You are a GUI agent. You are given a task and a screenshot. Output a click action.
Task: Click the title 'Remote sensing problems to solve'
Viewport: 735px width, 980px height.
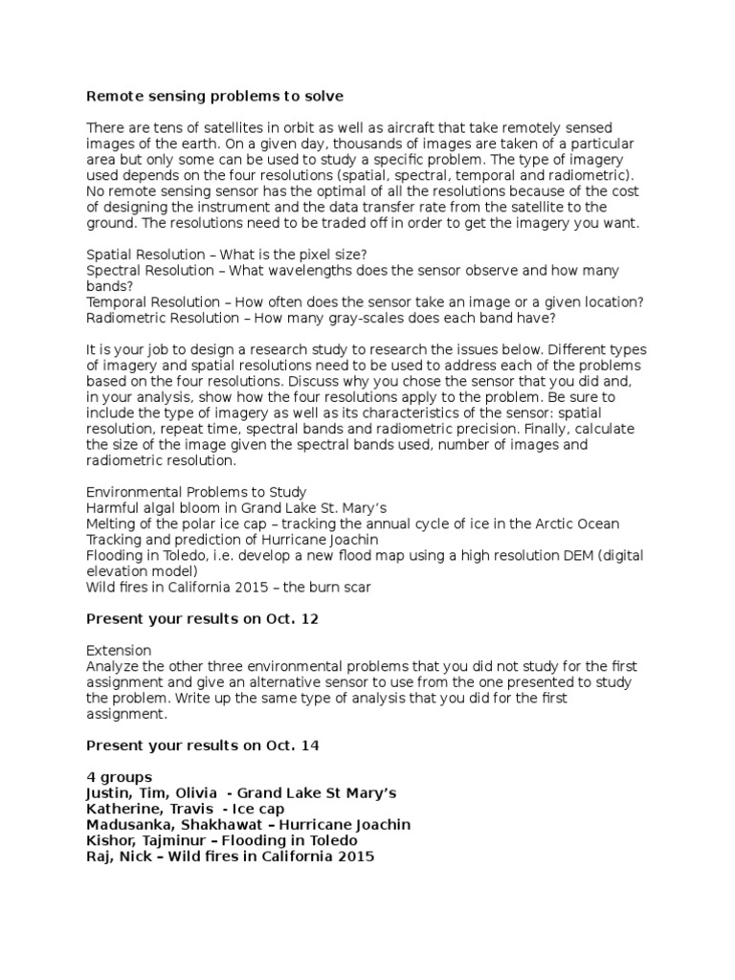pyautogui.click(x=214, y=97)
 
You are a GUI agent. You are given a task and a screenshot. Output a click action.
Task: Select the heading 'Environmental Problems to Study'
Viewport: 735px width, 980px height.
pyautogui.click(x=196, y=492)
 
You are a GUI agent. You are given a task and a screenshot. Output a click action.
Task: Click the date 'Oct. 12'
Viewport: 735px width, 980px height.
pyautogui.click(x=292, y=618)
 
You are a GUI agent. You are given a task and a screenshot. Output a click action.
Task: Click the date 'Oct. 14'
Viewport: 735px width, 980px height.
pyautogui.click(x=292, y=744)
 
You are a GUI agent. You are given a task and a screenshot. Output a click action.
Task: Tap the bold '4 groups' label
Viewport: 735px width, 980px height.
pyautogui.click(x=119, y=777)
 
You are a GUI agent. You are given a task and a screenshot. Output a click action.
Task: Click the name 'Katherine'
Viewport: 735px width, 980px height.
pyautogui.click(x=122, y=809)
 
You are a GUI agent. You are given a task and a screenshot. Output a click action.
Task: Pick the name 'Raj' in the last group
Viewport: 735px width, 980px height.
pyautogui.click(x=100, y=857)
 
